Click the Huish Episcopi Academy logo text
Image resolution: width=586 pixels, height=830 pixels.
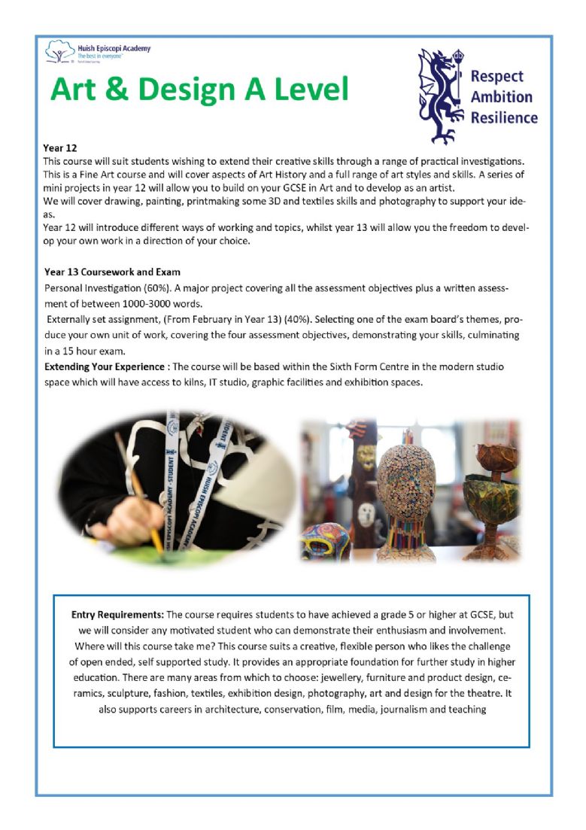pos(114,48)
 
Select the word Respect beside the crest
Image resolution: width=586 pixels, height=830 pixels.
pos(496,76)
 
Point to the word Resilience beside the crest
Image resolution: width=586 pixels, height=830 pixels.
pos(504,117)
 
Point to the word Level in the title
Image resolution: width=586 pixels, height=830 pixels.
pos(307,90)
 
